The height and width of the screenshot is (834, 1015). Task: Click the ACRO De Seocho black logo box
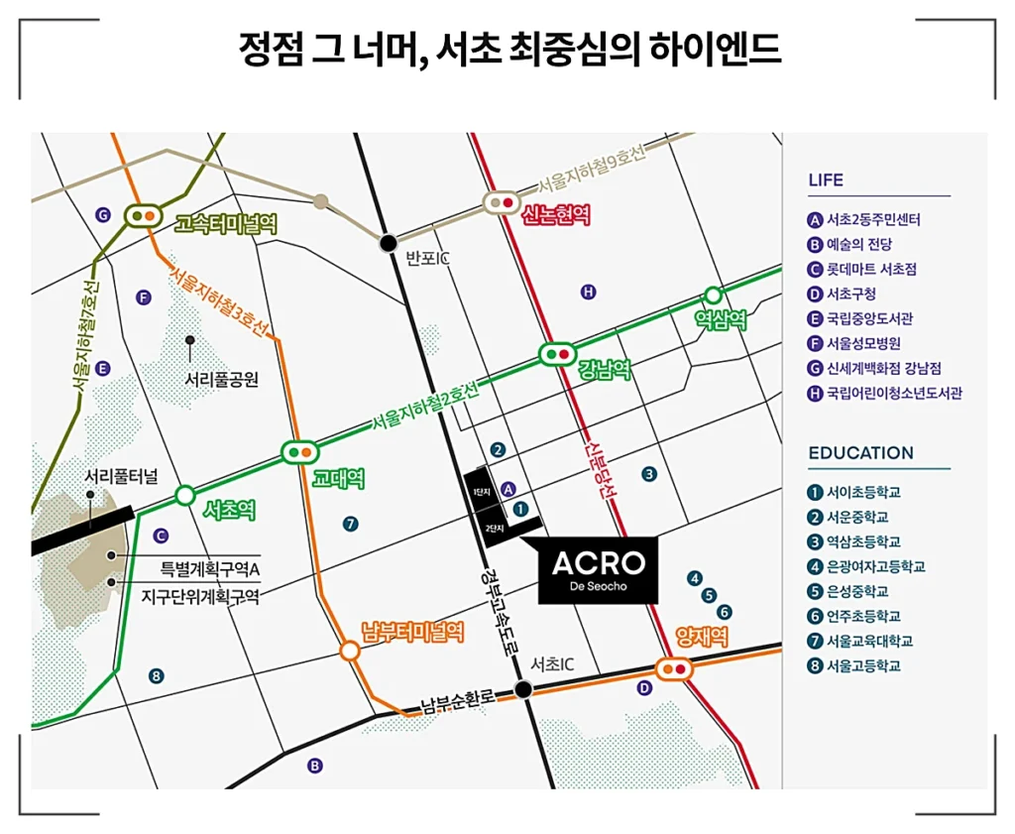(598, 570)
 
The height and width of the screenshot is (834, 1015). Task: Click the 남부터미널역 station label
(412, 632)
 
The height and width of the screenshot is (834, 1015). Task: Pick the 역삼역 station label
(720, 319)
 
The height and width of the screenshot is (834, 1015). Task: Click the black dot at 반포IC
(389, 241)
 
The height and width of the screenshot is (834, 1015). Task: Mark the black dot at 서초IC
(522, 688)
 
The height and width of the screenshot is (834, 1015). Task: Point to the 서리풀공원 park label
(222, 379)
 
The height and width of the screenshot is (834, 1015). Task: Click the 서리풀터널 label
(121, 476)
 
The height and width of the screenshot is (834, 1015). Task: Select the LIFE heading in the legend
(826, 180)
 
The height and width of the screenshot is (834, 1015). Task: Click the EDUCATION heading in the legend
(860, 453)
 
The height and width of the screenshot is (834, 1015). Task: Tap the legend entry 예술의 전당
(859, 244)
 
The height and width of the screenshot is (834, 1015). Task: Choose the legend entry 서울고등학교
(863, 666)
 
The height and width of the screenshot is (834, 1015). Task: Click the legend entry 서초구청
(851, 294)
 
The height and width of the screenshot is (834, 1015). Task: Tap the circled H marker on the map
(588, 292)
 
